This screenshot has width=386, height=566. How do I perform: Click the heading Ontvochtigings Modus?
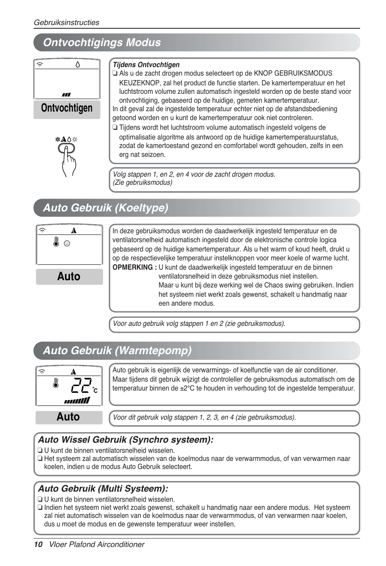[x=102, y=42]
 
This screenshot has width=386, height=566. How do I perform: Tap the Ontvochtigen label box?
[x=67, y=108]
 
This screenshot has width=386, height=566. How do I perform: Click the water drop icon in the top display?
[x=78, y=64]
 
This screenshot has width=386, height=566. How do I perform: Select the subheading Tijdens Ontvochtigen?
[x=146, y=65]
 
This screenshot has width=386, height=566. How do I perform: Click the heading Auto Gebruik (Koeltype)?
[x=106, y=208]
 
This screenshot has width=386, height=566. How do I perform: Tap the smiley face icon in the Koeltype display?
[x=67, y=243]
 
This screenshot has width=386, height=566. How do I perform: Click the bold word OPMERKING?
[x=134, y=267]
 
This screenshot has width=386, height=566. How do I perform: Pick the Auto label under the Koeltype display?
[x=69, y=277]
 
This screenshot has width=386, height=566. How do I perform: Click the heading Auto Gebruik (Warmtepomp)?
[x=117, y=351]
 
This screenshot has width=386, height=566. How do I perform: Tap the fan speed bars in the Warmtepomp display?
[x=77, y=401]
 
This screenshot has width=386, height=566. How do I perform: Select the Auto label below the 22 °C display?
[x=68, y=417]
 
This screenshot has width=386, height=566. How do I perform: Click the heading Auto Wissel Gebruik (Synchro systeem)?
[x=126, y=440]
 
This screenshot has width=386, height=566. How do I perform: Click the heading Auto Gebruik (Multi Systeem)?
[x=103, y=488]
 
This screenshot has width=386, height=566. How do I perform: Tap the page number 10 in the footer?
[x=38, y=545]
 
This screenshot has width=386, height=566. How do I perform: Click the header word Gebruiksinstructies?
[x=66, y=23]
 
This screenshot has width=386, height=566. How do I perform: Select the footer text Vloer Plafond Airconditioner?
[x=97, y=545]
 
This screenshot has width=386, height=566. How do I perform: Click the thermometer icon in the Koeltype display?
[x=56, y=242]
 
